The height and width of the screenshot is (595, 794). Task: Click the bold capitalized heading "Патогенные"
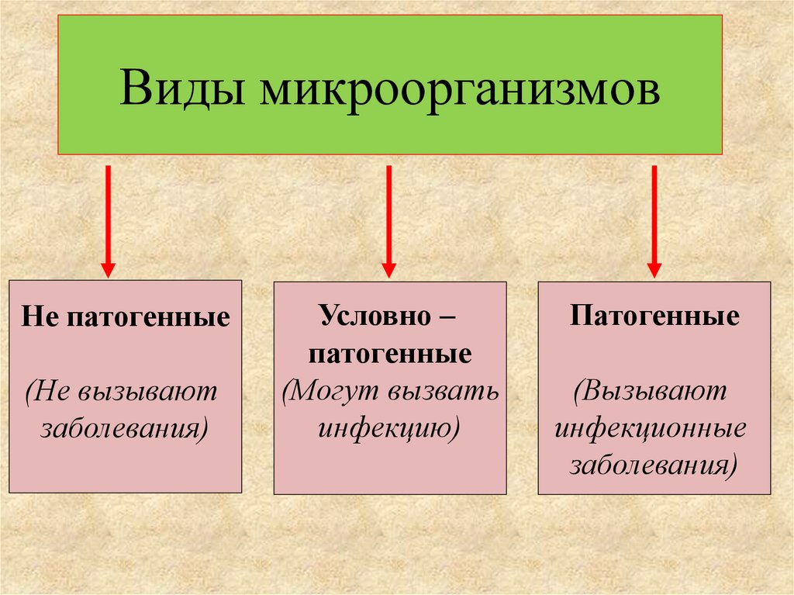[x=654, y=318]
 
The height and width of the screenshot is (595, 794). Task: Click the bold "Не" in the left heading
[x=37, y=318]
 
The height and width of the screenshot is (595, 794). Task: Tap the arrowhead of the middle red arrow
[x=388, y=268]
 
